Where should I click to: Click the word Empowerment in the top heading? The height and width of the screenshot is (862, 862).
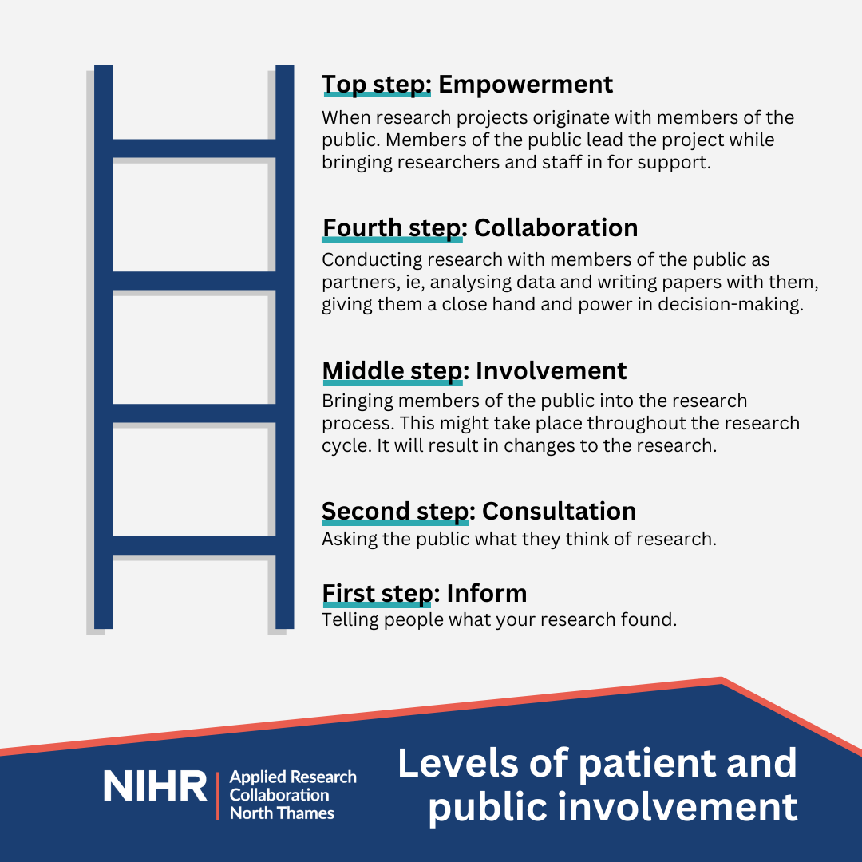(x=525, y=85)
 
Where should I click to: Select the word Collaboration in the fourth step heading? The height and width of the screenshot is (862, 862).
(x=556, y=227)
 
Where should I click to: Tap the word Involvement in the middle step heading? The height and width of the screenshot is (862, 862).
(x=551, y=370)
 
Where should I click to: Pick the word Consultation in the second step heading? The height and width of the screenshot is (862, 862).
(x=559, y=512)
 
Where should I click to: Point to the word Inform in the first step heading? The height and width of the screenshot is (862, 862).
(x=487, y=593)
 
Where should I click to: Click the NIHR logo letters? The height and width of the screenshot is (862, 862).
(x=155, y=785)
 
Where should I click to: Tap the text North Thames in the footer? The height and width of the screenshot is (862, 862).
(x=282, y=813)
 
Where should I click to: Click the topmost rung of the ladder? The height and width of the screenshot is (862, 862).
(x=194, y=148)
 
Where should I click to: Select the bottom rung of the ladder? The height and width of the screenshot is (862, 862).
(x=194, y=545)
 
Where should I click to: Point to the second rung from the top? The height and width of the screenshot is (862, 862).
(x=194, y=281)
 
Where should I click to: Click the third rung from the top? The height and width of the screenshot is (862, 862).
(x=194, y=413)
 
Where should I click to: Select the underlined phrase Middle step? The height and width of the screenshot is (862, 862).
(x=393, y=372)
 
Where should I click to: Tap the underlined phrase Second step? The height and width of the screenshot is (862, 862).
(x=395, y=512)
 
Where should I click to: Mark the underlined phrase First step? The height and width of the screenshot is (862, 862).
(x=378, y=595)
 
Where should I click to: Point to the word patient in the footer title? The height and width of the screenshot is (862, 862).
(x=647, y=764)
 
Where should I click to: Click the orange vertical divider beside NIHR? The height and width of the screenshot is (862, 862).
(x=218, y=796)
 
